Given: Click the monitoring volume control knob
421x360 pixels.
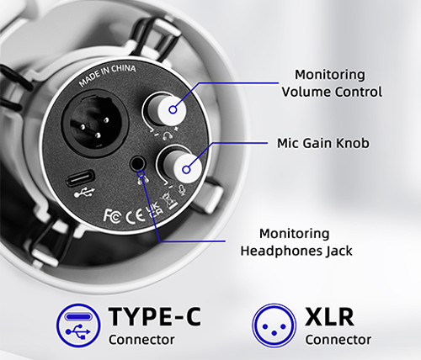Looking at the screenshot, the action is coord(168,110).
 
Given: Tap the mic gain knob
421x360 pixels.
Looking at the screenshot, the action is coord(183,167).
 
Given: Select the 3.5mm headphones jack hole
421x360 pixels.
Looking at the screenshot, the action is coord(138,163).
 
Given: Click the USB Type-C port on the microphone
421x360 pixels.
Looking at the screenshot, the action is coord(80,178).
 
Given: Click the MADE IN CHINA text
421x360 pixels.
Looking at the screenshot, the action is coord(107,75).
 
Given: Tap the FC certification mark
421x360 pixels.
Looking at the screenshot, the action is coord(113,216).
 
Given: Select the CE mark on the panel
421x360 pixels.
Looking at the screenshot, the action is coord(135,215).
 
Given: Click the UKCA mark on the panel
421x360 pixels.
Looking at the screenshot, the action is coord(154,209).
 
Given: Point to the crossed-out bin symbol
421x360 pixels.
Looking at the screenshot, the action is coord(170,200).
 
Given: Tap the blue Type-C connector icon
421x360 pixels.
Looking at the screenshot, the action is coord(78,325).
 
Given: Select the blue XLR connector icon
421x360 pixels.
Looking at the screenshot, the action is coord(274,326).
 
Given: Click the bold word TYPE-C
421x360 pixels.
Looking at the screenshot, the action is coord(155,316).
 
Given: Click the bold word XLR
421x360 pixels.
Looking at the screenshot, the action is coord(329,317).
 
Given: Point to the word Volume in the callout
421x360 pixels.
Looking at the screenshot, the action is coord(306,92).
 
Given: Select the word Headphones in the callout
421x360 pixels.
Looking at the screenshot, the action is coord(281,251).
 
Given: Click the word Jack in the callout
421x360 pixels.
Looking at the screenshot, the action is coord(338,251).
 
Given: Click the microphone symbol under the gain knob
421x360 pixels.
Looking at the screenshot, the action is coord(183,190).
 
